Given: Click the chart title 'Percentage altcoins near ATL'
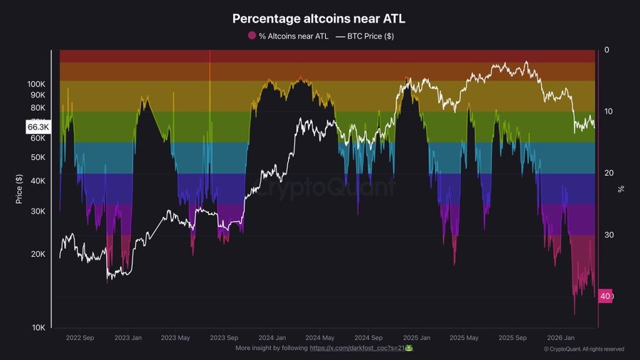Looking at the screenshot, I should pos(319,18).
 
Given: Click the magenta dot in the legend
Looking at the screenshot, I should pos(251,36).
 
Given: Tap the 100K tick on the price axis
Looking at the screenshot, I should pos(36,84).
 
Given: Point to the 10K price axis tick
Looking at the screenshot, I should pos(38,327).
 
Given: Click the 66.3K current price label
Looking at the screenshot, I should pos(38,127).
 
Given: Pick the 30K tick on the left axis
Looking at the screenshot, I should pos(38,211).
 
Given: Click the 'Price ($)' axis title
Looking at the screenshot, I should pos(20,190).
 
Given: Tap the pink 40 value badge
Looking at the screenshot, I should pos(604,296).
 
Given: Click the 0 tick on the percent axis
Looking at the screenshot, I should pos(606,50).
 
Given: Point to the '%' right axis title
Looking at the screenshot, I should pos(621,189).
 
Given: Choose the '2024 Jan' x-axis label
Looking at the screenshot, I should pos(272,338).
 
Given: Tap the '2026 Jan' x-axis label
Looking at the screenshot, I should pos(561,338).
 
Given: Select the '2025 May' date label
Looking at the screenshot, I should pos(464,338).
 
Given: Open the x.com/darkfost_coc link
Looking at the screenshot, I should pos(356,348).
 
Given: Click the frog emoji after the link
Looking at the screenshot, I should pos(409,348).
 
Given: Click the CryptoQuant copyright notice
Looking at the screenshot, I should pos(584,349).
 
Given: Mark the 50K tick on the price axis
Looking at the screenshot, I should pos(38,157).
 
